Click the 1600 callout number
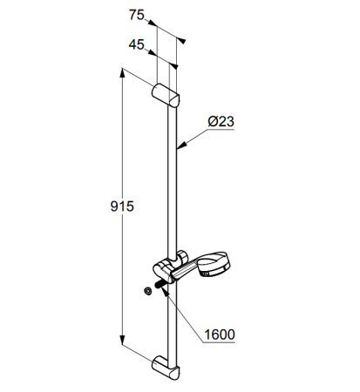[220, 334]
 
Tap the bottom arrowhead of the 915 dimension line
[122, 347]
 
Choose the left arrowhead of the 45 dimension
[157, 54]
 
